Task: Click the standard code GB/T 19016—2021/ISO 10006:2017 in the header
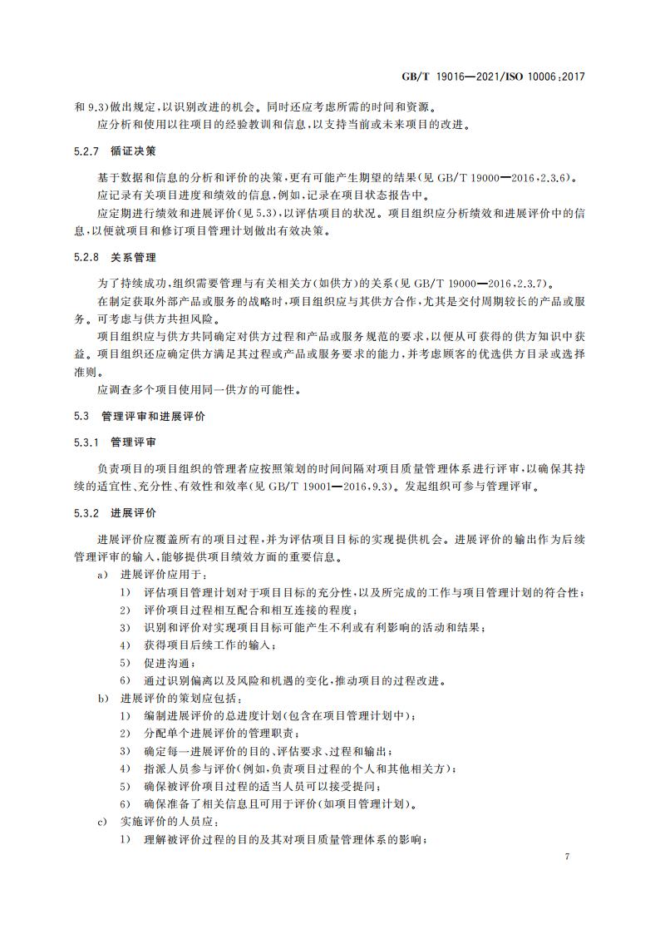(495, 76)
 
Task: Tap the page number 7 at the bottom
(566, 856)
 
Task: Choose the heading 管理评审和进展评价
(154, 414)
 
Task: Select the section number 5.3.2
(87, 511)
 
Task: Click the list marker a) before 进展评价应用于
(103, 575)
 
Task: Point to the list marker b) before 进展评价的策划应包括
(103, 697)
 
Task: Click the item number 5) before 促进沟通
(125, 662)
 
